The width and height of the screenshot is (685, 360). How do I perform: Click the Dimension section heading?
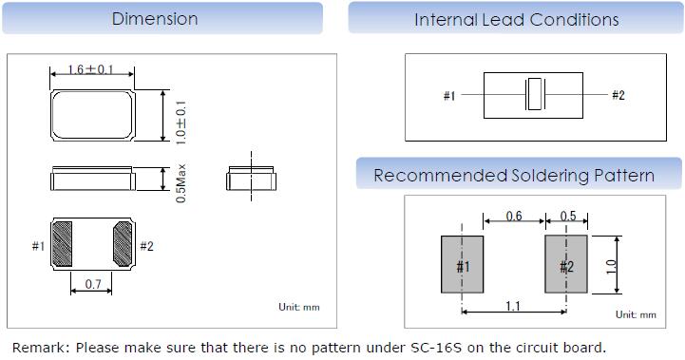tap(155, 19)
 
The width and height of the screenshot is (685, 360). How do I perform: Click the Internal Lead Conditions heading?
tap(517, 20)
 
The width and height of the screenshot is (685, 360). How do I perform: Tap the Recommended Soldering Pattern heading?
tap(514, 176)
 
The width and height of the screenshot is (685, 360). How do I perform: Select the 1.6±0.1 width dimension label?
tap(90, 69)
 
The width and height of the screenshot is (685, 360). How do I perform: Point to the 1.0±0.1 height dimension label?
tap(181, 123)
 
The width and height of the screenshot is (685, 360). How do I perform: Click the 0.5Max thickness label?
tap(181, 183)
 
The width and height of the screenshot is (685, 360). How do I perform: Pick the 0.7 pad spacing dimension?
tap(92, 284)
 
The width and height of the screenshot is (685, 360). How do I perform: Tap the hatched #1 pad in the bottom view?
tap(62, 244)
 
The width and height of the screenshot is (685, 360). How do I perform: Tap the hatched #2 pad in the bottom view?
tap(123, 244)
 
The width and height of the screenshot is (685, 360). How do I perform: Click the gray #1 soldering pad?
tap(462, 264)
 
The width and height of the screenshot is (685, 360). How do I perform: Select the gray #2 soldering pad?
tap(565, 264)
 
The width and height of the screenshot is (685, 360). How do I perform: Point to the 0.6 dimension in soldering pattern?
tap(514, 216)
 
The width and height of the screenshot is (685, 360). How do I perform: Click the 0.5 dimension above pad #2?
tap(568, 216)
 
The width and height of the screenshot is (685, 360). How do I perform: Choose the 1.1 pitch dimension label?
tap(513, 306)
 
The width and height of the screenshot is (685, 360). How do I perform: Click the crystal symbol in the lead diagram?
tap(535, 94)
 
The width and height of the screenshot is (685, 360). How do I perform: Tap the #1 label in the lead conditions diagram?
tap(449, 95)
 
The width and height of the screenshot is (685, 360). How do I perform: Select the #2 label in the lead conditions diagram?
tap(618, 95)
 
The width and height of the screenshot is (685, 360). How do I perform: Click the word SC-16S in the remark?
tap(436, 348)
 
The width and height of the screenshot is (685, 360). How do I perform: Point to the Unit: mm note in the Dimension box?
tap(299, 307)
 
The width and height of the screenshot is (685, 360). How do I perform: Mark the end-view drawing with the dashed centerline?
tap(251, 179)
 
